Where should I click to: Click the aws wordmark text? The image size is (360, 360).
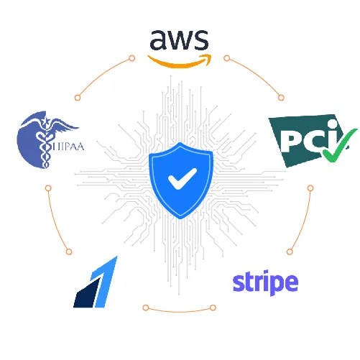tap(179, 40)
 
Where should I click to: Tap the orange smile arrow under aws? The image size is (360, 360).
tap(180, 63)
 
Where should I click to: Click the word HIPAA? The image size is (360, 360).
tap(68, 147)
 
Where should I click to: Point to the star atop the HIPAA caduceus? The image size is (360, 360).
tap(45, 121)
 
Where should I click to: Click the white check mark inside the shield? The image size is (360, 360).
tap(183, 179)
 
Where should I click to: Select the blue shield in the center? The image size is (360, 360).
tap(181, 180)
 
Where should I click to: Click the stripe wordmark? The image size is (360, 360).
tap(265, 282)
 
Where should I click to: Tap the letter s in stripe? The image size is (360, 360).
tap(239, 283)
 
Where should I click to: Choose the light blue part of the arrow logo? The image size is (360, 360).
tap(104, 282)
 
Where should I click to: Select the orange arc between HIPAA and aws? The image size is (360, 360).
tap(102, 75)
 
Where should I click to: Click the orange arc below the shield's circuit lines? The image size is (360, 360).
tap(179, 311)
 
